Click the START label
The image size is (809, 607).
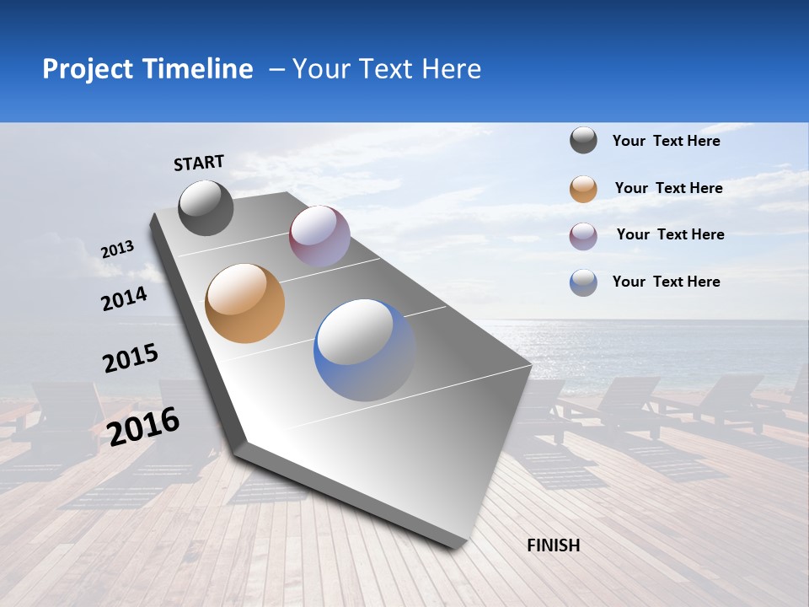[199, 163]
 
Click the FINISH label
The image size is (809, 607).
[553, 545]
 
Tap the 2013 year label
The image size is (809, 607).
[117, 250]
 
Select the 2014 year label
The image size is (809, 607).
[124, 298]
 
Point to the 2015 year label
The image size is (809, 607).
[130, 357]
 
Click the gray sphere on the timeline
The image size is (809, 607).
[206, 207]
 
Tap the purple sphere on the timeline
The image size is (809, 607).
[319, 236]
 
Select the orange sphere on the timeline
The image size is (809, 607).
[245, 303]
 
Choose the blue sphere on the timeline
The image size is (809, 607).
[364, 350]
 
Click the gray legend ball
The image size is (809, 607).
[583, 141]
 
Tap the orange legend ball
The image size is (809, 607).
[583, 189]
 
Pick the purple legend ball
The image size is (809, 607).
[583, 235]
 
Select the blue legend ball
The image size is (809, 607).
[583, 282]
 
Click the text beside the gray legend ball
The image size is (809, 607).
[666, 141]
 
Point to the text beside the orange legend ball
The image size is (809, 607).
[668, 188]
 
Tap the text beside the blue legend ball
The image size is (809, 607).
[666, 282]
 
